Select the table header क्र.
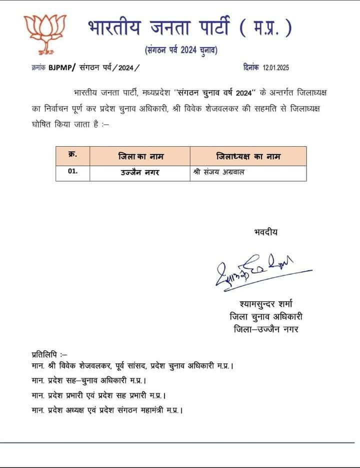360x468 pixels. click(x=72, y=155)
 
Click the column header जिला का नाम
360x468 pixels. click(x=140, y=156)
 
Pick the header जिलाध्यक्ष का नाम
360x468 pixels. click(x=248, y=156)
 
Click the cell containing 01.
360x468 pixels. click(x=73, y=172)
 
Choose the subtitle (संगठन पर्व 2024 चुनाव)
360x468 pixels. click(x=180, y=50)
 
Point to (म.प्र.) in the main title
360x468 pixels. click(x=266, y=28)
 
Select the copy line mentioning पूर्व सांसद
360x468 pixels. click(x=132, y=366)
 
